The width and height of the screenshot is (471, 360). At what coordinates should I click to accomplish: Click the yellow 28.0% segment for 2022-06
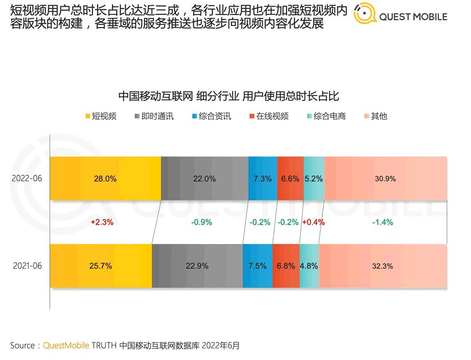coord(105,179)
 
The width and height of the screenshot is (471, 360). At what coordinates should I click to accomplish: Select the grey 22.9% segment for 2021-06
coord(197,266)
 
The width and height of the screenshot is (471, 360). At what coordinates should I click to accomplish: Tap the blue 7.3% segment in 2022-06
coord(263,179)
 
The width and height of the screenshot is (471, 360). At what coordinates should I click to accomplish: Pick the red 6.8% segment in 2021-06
coord(286,266)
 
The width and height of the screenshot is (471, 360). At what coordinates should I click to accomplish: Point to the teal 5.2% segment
coord(314,179)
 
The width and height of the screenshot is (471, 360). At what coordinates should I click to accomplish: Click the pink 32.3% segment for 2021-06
coord(382,266)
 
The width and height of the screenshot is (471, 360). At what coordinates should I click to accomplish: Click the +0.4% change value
coord(313,222)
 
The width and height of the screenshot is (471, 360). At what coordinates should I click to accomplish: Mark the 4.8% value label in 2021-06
coord(309,266)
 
